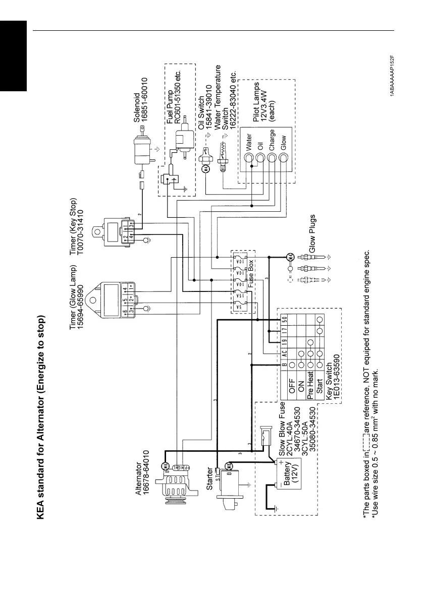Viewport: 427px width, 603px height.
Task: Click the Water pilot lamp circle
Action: pos(248,158)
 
